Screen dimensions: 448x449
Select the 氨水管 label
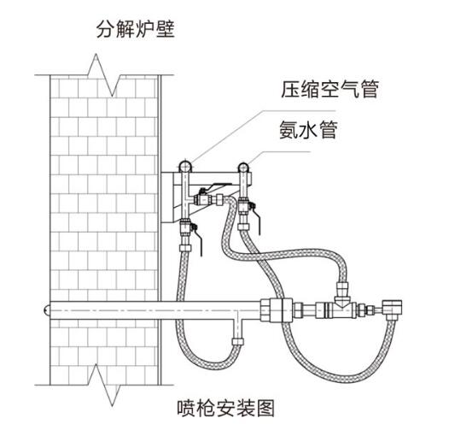coord(308,129)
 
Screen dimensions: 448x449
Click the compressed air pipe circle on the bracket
coord(184,164)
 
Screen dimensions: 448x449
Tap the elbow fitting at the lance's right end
coord(394,307)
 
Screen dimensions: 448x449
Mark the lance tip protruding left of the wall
coord(44,305)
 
